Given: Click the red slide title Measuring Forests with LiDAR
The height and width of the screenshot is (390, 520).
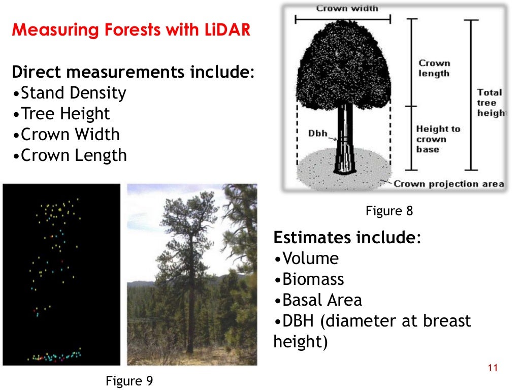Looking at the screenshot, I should click(131, 30).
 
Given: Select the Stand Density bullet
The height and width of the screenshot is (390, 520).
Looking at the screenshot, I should click(69, 93).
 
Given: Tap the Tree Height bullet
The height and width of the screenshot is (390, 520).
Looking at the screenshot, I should click(61, 114).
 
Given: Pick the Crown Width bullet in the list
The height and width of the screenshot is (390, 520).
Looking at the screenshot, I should click(66, 135).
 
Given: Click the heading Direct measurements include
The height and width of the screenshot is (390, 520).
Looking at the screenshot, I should click(133, 72).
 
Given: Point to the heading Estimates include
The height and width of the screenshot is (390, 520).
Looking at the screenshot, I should click(347, 238).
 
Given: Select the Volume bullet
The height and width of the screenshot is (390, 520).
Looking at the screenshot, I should click(306, 259).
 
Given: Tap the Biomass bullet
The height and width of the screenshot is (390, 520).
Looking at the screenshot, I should click(309, 280).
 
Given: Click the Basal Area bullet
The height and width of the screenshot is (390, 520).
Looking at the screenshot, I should click(318, 301).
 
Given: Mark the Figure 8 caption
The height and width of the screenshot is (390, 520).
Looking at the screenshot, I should click(389, 211).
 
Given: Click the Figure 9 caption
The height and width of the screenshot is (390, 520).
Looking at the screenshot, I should click(129, 381).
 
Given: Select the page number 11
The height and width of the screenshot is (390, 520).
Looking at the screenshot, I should click(492, 368).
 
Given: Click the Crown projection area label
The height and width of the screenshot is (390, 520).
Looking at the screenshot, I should click(448, 184).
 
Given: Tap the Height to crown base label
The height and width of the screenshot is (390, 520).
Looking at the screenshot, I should click(438, 139).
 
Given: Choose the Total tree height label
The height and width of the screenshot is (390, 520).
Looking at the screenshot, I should click(490, 103).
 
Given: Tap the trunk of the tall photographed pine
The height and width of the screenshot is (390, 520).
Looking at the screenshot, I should click(191, 315).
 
